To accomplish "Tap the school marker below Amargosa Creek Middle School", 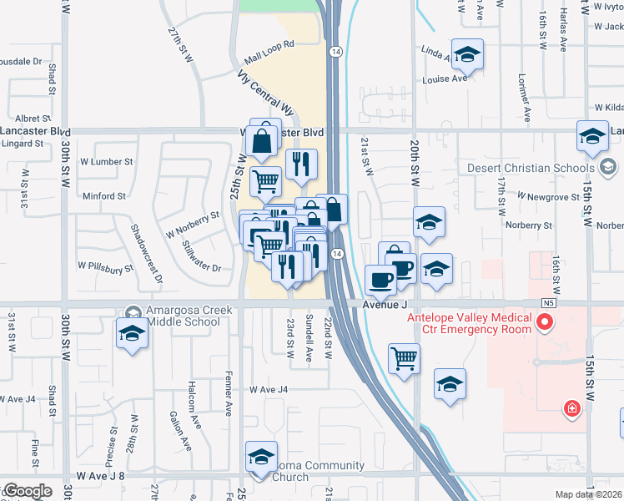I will pyautogui.click(x=131, y=334).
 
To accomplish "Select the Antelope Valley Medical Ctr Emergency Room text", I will pyautogui.click(x=469, y=323).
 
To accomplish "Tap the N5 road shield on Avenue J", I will pyautogui.click(x=548, y=302).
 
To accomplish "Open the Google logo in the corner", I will pyautogui.click(x=28, y=491).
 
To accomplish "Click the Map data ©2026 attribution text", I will pyautogui.click(x=589, y=494).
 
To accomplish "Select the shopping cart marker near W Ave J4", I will pyautogui.click(x=404, y=357).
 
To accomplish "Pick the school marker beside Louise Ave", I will pyautogui.click(x=468, y=55).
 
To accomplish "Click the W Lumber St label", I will pyautogui.click(x=106, y=161).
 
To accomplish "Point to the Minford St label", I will pyautogui.click(x=104, y=196).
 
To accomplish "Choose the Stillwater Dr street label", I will pyautogui.click(x=201, y=257).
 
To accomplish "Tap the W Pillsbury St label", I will pyautogui.click(x=106, y=267).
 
